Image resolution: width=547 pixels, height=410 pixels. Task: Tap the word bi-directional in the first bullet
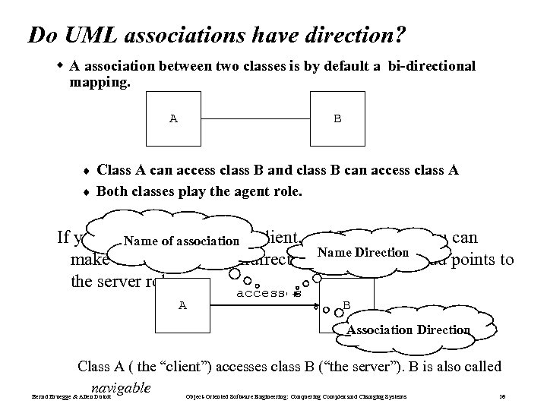431,66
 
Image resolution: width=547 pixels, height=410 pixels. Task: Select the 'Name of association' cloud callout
181,241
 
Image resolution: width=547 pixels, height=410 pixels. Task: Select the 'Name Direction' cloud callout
363,253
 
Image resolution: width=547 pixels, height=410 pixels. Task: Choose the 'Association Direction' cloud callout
409,330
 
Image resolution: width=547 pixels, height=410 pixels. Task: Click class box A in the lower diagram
182,305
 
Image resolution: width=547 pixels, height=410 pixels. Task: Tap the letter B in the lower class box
346,305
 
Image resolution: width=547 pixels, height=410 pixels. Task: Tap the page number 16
501,397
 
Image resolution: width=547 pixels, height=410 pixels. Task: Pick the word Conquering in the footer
308,397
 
